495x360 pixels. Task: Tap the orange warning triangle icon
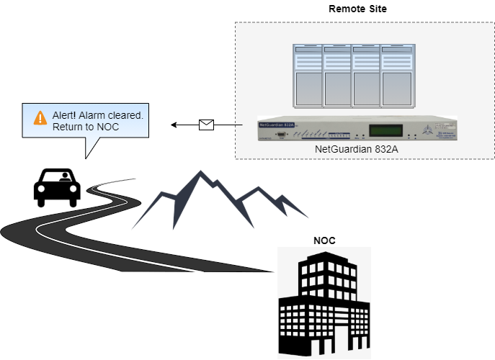pos(40,115)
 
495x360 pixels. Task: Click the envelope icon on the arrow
pos(207,125)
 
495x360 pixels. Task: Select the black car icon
pos(57,186)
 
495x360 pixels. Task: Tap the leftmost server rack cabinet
pos(307,75)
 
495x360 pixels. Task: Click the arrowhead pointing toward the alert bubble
pos(174,125)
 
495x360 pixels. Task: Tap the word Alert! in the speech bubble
pos(66,115)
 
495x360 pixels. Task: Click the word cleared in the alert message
pos(128,115)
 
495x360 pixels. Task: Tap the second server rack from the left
pos(336,75)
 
